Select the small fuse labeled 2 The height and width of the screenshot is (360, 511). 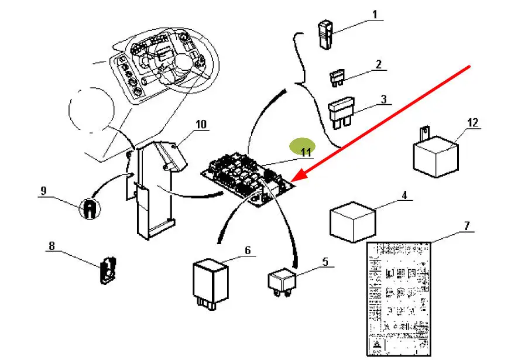tap(337, 77)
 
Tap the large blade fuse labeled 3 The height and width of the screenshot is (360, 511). tap(341, 111)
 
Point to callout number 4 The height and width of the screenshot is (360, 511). tap(403, 194)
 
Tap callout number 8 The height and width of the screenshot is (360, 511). tap(52, 246)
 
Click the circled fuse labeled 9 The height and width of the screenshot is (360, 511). tap(88, 208)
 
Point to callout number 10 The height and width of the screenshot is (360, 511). tap(201, 124)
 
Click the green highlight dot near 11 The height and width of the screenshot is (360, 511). tap(303, 145)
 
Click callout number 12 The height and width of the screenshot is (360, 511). tap(473, 123)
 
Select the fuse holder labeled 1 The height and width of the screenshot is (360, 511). tap(325, 34)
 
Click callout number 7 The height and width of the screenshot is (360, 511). tap(467, 225)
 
